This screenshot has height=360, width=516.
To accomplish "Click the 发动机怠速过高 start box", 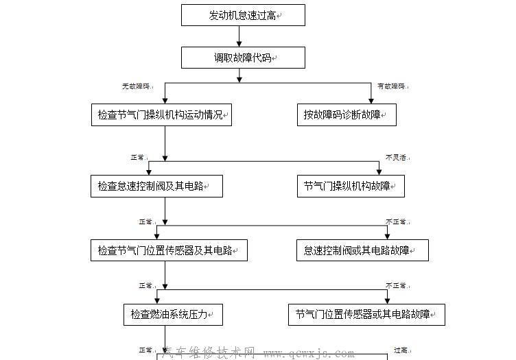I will [243, 15].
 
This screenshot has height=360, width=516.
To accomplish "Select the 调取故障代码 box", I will [243, 58].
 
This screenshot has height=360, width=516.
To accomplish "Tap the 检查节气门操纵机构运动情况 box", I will [161, 115].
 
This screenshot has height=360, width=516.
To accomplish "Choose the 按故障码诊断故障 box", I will [347, 115].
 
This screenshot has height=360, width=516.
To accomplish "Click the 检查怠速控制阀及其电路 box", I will [156, 186].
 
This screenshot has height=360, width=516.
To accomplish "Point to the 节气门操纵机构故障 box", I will [351, 186].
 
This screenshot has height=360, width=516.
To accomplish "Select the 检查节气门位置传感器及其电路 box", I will [169, 250].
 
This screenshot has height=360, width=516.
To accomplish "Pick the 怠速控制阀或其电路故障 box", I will [362, 250].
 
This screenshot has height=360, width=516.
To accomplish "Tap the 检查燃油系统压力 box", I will [173, 315].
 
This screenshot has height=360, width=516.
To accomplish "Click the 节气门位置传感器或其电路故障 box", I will [367, 315].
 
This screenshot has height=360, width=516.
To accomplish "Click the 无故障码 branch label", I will [136, 87].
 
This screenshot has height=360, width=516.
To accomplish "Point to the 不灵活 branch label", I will [396, 158].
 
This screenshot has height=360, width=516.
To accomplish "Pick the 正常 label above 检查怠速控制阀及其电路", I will [138, 158].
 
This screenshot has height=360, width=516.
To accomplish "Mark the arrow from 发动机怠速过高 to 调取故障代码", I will [239, 36].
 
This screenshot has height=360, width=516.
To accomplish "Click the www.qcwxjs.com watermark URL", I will [309, 354].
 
